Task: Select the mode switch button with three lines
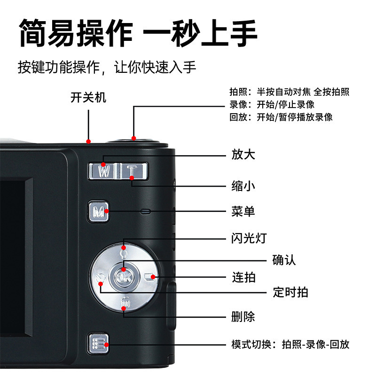(x=99, y=344)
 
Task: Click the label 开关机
(x=88, y=97)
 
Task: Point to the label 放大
(x=243, y=154)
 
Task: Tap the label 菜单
(x=243, y=211)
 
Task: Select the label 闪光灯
(x=249, y=238)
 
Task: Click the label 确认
(x=284, y=260)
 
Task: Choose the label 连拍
(x=243, y=277)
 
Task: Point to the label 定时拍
(x=290, y=292)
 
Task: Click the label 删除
(x=243, y=316)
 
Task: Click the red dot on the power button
(x=88, y=141)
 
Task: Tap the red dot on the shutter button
(x=134, y=138)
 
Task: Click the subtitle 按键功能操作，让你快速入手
(x=107, y=67)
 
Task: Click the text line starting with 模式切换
(x=290, y=344)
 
